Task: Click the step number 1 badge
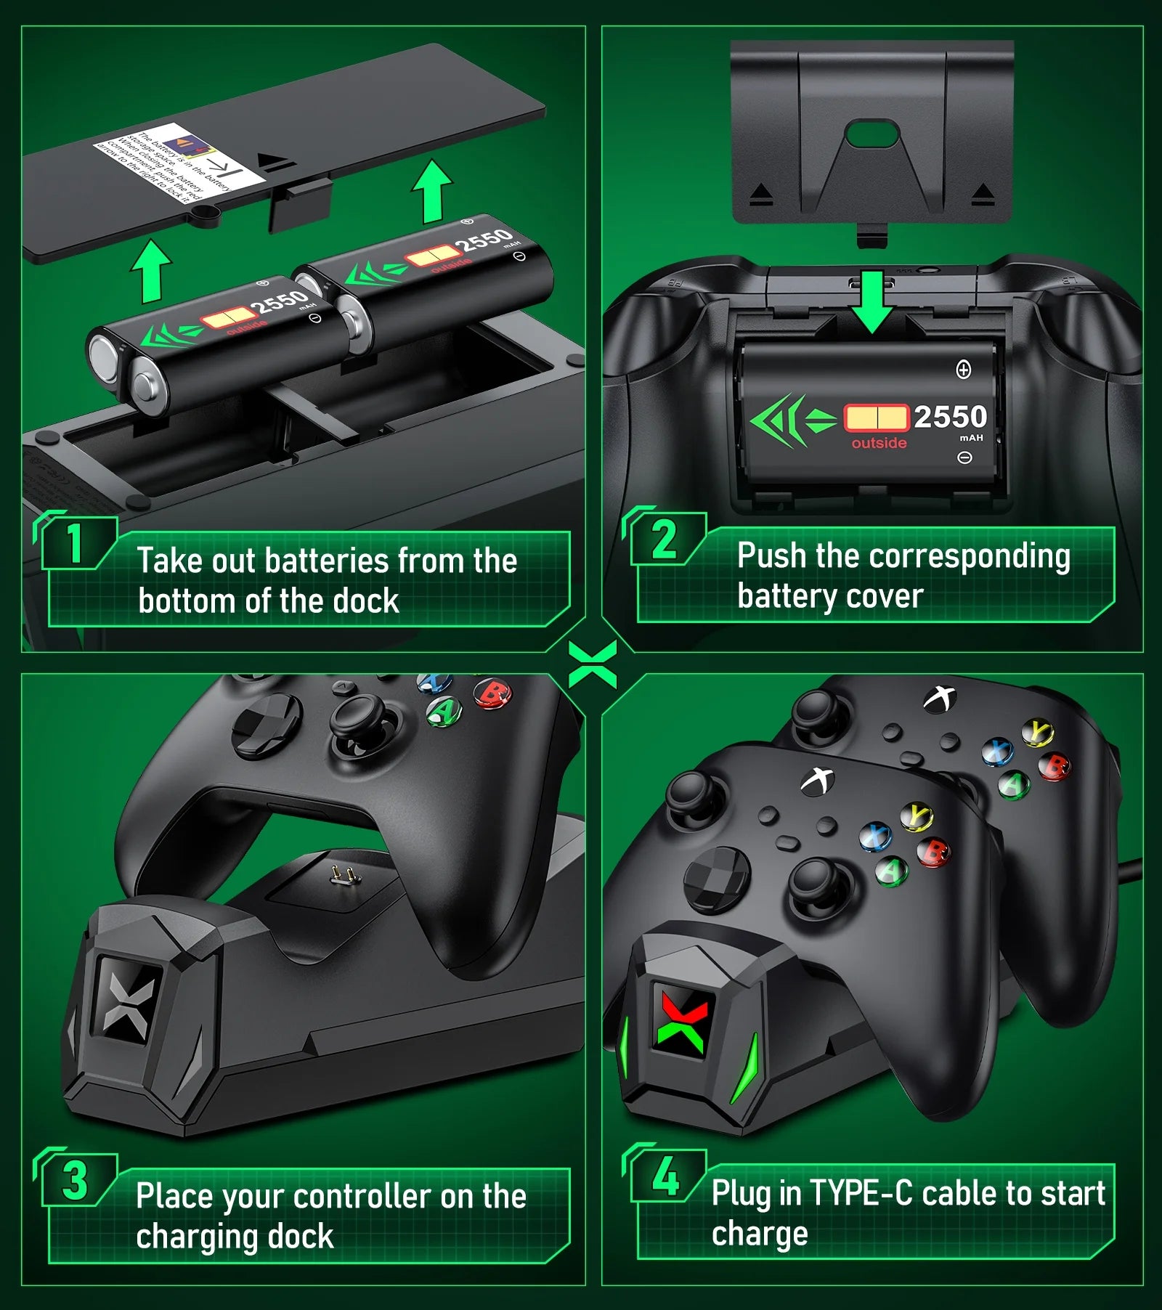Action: pyautogui.click(x=75, y=542)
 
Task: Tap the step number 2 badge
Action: pyautogui.click(x=664, y=540)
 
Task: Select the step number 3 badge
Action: pyautogui.click(x=75, y=1181)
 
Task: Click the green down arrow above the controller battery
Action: pyautogui.click(x=871, y=301)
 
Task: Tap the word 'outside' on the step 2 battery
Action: pyautogui.click(x=879, y=443)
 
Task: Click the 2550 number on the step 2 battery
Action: pyautogui.click(x=950, y=417)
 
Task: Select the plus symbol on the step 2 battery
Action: pyautogui.click(x=963, y=370)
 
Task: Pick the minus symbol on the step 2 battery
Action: pyautogui.click(x=964, y=457)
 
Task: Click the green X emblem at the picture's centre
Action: pyautogui.click(x=593, y=664)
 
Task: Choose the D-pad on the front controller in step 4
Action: pyautogui.click(x=718, y=879)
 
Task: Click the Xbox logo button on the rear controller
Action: pyautogui.click(x=939, y=698)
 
